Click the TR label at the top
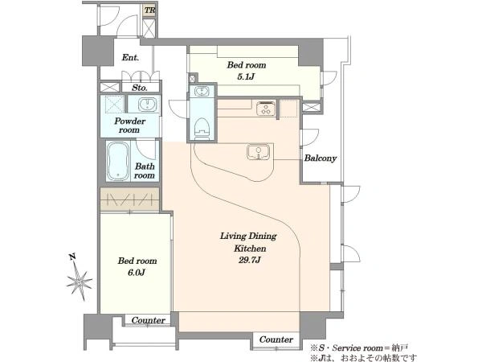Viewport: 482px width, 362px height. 149,10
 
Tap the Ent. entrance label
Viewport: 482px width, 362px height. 130,58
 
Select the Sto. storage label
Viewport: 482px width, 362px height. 140,88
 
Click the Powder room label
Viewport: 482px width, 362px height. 129,125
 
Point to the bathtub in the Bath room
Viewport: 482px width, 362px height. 118,162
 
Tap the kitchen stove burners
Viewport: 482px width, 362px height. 265,109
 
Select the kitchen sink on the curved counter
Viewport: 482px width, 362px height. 258,152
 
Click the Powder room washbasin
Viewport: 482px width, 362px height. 147,104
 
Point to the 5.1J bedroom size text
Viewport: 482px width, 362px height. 246,76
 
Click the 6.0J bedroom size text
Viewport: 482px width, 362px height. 136,273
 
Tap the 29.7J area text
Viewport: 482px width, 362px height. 250,260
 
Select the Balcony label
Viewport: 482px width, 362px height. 321,158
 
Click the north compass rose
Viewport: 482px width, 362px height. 80,280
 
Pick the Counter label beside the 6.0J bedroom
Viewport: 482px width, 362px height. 148,320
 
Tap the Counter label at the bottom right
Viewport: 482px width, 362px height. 276,339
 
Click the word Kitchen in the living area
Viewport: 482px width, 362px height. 250,249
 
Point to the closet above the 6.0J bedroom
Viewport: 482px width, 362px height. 129,200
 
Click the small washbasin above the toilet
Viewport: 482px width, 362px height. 202,92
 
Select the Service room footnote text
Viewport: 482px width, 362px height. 359,348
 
